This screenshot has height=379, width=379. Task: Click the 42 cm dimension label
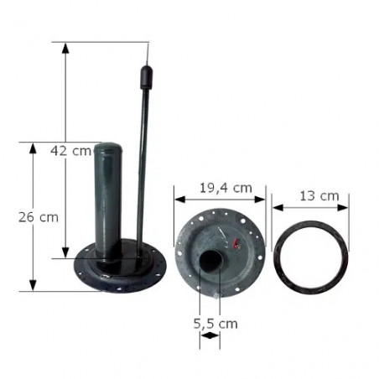(71, 151)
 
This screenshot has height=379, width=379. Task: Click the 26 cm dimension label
(39, 217)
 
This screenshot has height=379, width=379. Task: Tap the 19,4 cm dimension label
(226, 188)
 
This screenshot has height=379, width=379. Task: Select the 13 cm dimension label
(319, 195)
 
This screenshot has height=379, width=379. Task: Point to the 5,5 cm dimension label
(215, 324)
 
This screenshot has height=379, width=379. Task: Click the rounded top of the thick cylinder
(108, 148)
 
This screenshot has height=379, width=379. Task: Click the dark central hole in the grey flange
(210, 261)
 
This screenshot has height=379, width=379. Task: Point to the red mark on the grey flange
(236, 243)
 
